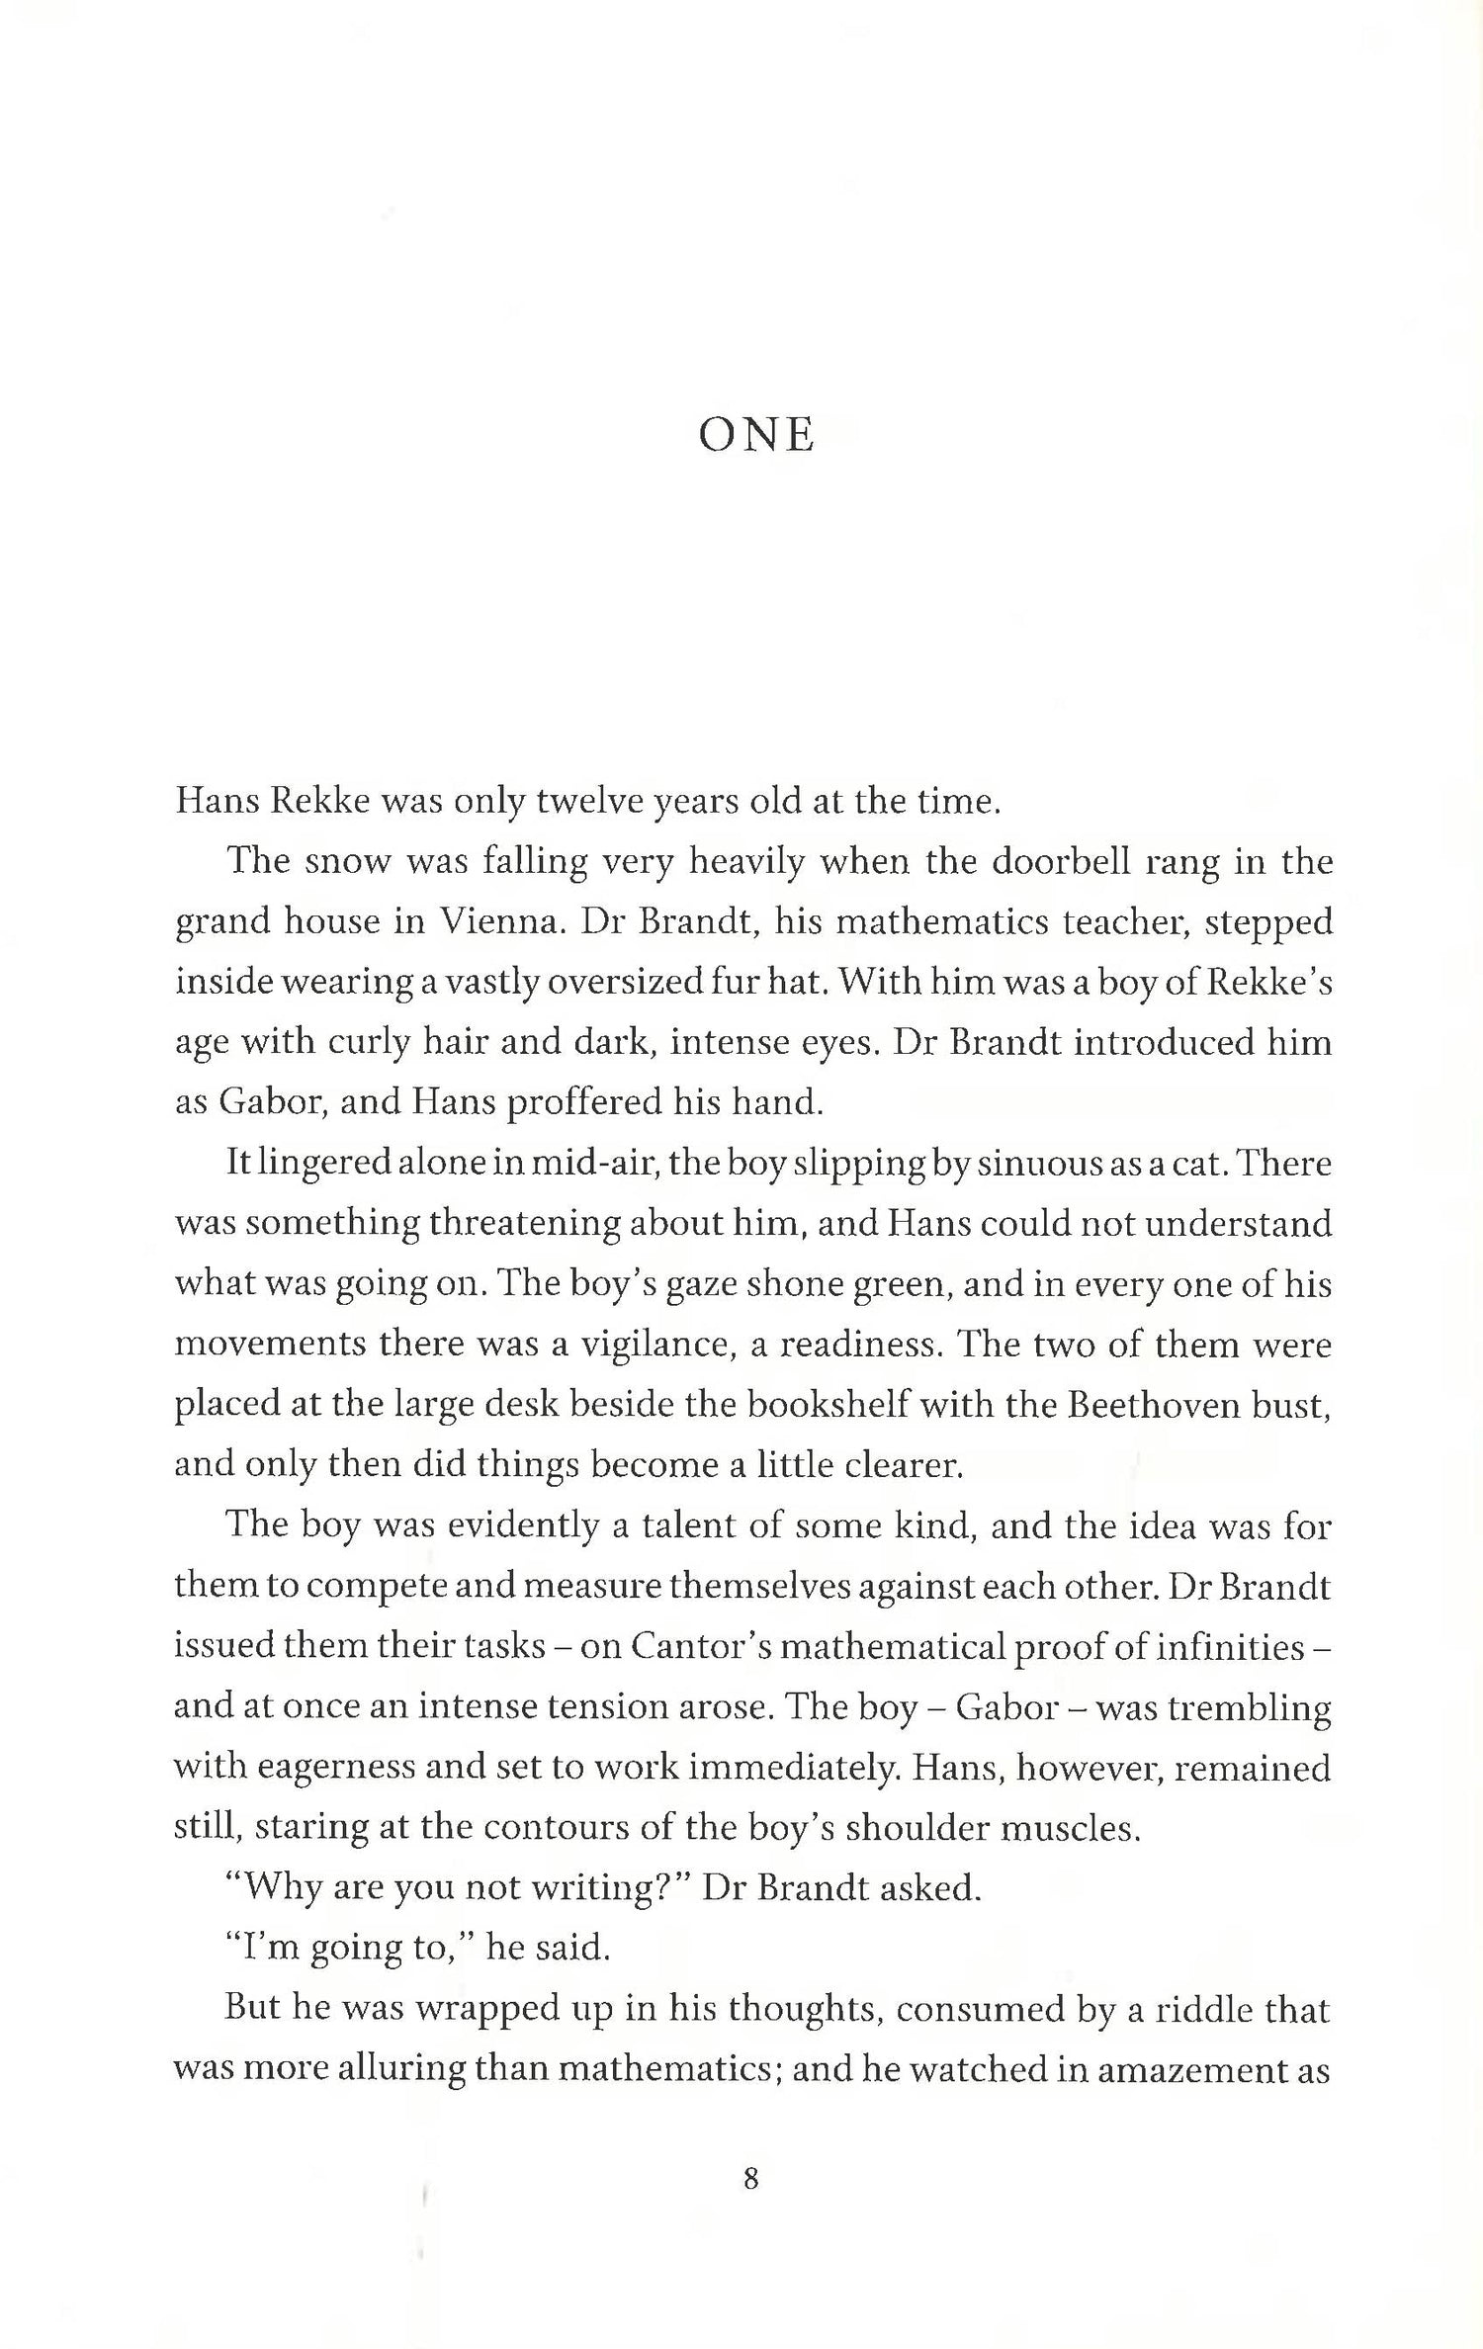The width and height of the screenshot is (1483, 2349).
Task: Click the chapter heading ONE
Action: tap(756, 436)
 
